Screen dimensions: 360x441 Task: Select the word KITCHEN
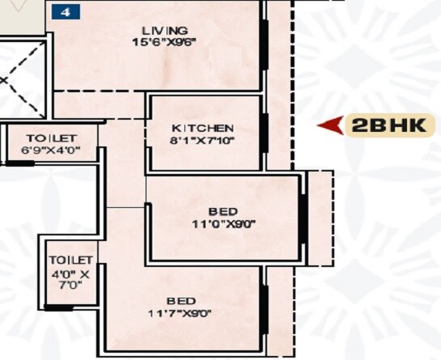click(203, 129)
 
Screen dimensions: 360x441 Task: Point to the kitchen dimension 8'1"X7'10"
click(203, 142)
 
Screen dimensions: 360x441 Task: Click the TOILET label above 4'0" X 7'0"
click(70, 260)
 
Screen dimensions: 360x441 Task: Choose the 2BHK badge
click(391, 125)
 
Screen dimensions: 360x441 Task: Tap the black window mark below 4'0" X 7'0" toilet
click(59, 308)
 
